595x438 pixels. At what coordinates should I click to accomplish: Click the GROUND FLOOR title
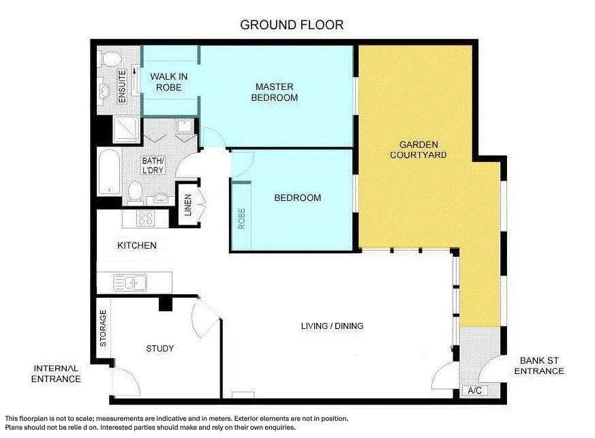(x=292, y=25)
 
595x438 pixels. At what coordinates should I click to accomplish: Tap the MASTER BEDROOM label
(x=275, y=92)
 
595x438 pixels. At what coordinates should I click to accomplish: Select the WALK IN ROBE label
(x=169, y=82)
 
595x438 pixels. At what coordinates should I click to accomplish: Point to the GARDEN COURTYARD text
(x=418, y=150)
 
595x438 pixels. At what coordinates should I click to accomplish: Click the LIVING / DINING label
(x=332, y=326)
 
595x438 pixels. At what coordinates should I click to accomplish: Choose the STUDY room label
(x=160, y=349)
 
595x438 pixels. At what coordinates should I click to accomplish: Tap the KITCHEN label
(x=137, y=245)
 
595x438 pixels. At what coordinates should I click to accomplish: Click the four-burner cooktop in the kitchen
(x=146, y=218)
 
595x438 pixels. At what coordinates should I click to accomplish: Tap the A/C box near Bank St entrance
(x=475, y=390)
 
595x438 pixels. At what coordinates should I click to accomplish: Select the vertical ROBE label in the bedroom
(x=241, y=218)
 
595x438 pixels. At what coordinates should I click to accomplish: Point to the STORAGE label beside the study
(x=104, y=329)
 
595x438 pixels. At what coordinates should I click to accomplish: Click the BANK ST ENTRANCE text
(x=538, y=366)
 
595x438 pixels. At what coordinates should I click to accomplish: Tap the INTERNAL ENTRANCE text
(x=56, y=373)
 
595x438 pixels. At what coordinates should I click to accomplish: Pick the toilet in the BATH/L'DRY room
(x=135, y=191)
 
